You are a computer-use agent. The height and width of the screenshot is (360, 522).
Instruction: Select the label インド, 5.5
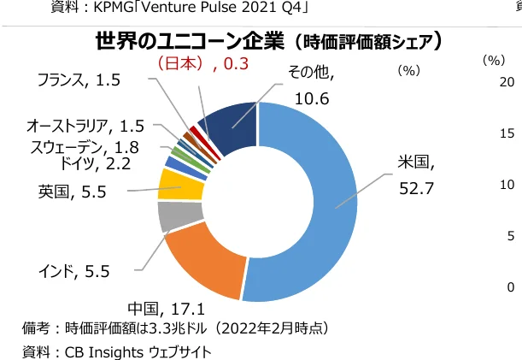tap(74, 272)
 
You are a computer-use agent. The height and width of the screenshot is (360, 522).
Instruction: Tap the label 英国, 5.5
tap(73, 192)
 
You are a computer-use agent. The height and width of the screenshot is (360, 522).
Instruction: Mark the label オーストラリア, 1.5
tap(85, 127)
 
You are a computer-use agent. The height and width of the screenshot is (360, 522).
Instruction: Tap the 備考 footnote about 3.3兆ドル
tap(175, 328)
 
